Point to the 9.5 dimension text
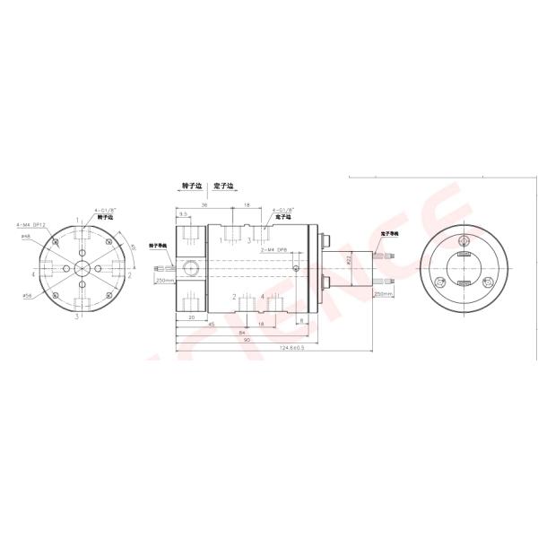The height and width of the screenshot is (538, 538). [x=183, y=214]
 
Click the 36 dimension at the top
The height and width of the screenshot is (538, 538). [x=204, y=205]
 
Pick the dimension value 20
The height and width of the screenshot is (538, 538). [x=192, y=317]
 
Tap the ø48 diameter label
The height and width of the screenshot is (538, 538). [x=27, y=236]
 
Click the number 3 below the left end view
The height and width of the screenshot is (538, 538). [x=77, y=316]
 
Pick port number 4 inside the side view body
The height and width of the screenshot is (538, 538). [x=262, y=297]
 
